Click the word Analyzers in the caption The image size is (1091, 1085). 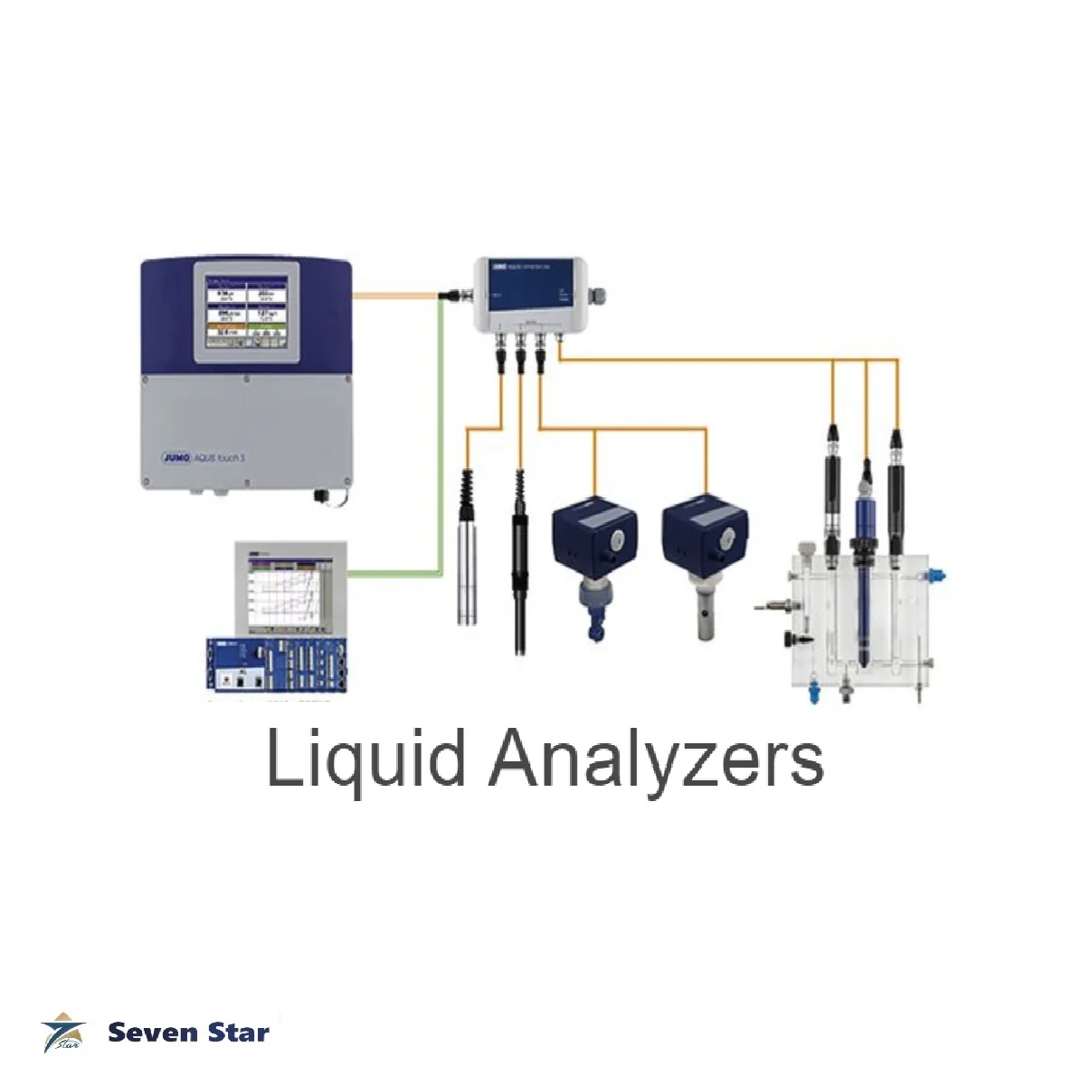657,761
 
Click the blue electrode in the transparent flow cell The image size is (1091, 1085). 865,588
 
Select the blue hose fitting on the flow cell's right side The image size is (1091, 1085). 938,574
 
